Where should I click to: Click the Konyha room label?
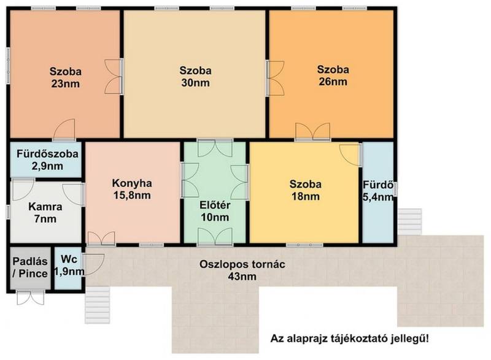tap(132, 183)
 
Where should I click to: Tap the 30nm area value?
tap(195, 83)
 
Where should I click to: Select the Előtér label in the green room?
tap(215, 205)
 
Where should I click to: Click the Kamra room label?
tap(45, 207)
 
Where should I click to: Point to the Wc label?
tap(69, 259)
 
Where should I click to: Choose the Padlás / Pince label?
tap(30, 267)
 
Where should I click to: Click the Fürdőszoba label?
tap(47, 154)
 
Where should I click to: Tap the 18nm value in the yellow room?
tap(305, 197)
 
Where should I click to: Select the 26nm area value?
tap(333, 82)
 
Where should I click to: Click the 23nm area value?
tap(65, 84)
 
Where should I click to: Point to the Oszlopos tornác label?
tap(242, 264)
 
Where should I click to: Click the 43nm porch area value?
tap(242, 277)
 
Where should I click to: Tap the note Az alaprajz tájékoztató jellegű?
tap(350, 339)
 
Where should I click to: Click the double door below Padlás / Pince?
tap(30, 297)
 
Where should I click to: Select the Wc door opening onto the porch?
tap(94, 264)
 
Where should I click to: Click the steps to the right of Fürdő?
tap(409, 222)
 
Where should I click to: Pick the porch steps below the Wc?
tap(98, 305)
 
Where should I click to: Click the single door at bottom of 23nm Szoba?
tap(64, 129)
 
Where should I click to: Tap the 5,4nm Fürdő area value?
tap(378, 197)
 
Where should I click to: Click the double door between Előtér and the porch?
tap(215, 237)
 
